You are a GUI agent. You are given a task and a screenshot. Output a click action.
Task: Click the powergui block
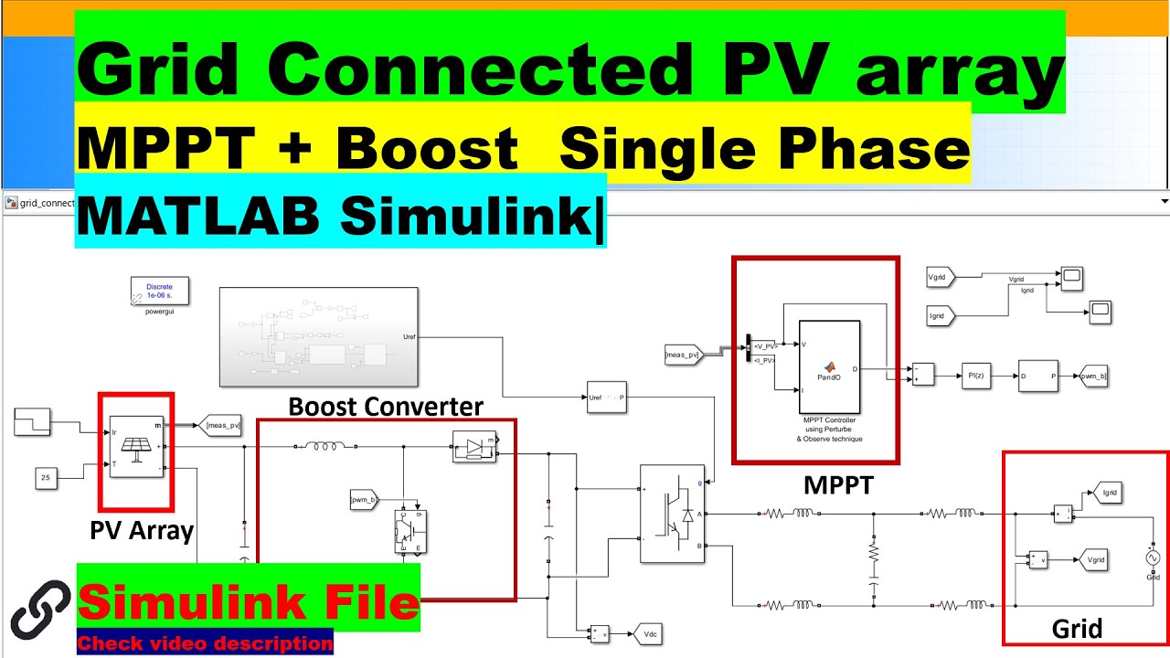click(159, 292)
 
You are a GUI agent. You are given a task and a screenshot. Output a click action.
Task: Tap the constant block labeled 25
click(48, 476)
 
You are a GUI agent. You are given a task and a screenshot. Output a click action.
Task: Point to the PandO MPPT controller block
click(829, 366)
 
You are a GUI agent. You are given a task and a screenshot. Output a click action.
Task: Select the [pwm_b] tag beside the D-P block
click(1092, 375)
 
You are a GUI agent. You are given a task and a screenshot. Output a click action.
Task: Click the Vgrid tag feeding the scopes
click(941, 276)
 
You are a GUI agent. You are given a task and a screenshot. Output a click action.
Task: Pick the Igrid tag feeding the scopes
click(941, 316)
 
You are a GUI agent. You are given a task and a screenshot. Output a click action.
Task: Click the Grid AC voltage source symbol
click(1152, 557)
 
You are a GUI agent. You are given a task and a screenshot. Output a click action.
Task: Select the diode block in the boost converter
click(473, 446)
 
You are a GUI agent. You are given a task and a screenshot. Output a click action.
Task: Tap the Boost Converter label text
click(386, 407)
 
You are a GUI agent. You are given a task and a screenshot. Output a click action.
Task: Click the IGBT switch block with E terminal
click(409, 530)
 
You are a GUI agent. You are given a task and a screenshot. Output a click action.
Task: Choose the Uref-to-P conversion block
click(606, 398)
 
